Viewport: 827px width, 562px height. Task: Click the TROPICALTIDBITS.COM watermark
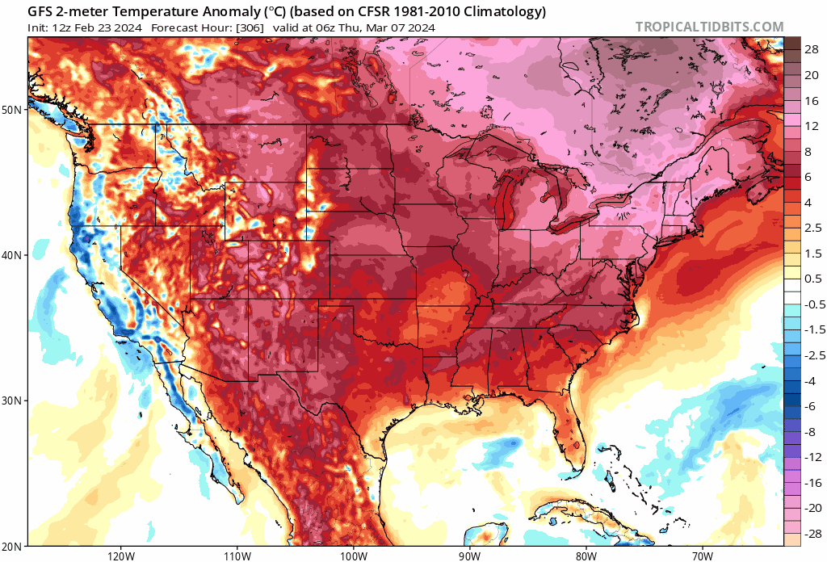coord(709,27)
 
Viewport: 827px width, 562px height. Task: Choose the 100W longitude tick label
coord(353,555)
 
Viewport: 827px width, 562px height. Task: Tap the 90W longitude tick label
coord(469,555)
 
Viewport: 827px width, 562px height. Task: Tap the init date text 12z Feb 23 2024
coord(100,28)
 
